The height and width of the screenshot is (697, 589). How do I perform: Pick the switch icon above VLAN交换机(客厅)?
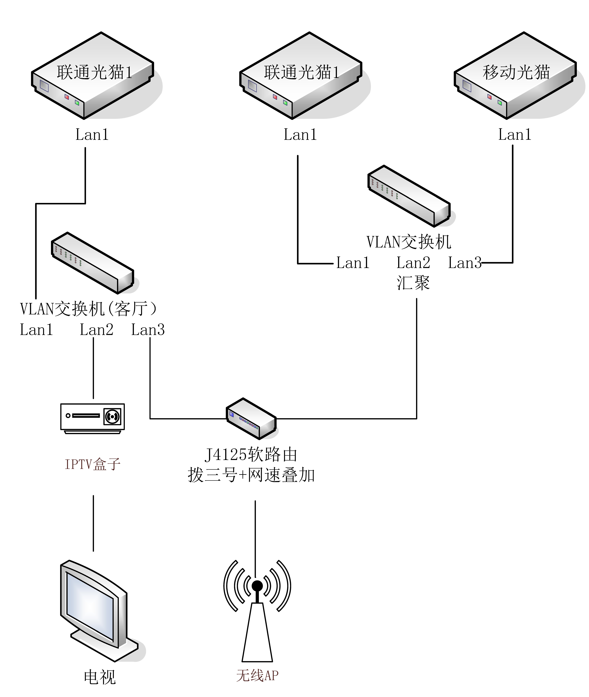(x=93, y=263)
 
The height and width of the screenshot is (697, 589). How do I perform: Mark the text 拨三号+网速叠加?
(x=251, y=475)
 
